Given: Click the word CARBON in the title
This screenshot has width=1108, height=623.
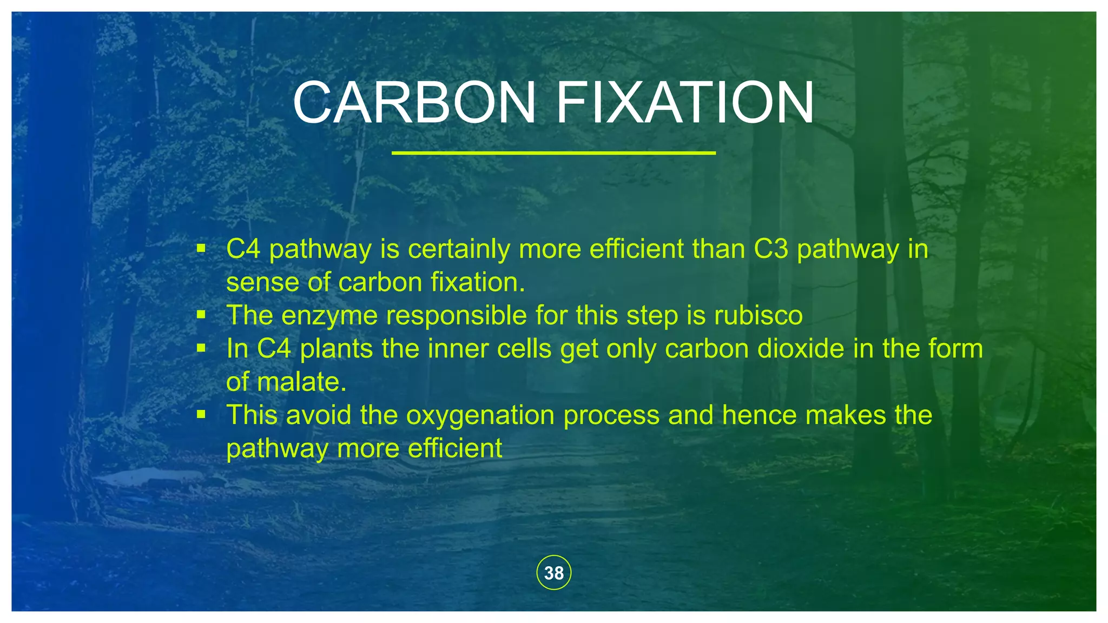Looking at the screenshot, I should coord(414,103).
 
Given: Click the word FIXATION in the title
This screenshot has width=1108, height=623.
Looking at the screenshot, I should coord(684,103).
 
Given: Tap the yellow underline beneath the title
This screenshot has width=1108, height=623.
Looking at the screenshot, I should coord(553,153).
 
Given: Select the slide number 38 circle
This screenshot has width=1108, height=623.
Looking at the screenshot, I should coord(553,573).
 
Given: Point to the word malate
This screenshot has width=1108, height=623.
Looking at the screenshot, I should coord(301,382).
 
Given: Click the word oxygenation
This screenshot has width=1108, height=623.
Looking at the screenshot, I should coord(479,415).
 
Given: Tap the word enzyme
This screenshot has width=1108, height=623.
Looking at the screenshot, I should coord(329,315).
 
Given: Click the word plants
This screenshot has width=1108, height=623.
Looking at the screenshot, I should coord(336,349).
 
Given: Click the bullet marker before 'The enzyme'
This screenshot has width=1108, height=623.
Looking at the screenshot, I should coord(201,314).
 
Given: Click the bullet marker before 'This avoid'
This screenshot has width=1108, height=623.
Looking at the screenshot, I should coord(201,414).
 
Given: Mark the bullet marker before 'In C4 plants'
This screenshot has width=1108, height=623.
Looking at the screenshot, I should coord(201,348).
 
